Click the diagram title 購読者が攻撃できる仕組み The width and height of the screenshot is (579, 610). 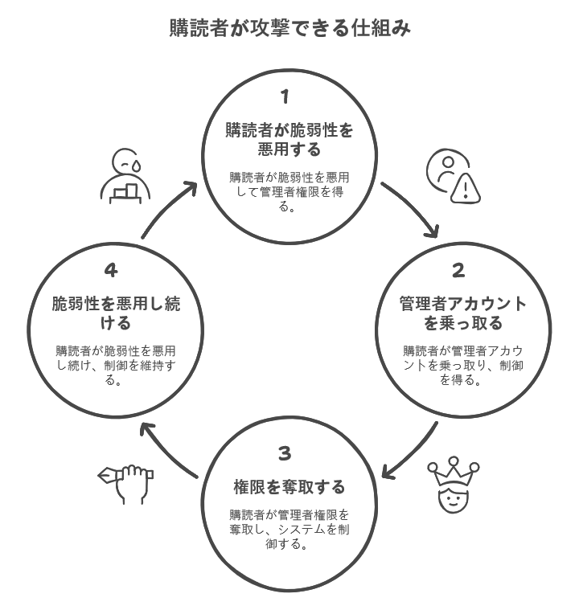click(289, 28)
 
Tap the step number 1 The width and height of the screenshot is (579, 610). click(285, 96)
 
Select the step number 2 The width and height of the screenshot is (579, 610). click(458, 270)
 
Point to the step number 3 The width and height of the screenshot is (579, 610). click(285, 453)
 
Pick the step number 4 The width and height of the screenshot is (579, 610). click(111, 270)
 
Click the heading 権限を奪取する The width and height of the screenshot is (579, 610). click(289, 487)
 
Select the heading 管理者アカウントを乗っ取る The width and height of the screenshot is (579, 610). click(463, 313)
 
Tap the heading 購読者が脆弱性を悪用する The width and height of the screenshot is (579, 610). click(289, 139)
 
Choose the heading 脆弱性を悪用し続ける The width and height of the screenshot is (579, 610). click(116, 313)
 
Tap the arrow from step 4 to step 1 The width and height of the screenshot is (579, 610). click(165, 206)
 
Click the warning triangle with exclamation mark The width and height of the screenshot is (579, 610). click(466, 189)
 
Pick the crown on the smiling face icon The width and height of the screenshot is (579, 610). click(454, 472)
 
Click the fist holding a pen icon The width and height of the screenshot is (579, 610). click(125, 484)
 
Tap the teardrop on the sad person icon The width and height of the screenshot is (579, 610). click(136, 166)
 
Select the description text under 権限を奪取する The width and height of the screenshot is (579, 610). click(289, 530)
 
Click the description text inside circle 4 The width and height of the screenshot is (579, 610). click(116, 366)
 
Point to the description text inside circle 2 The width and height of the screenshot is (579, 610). click(463, 366)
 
